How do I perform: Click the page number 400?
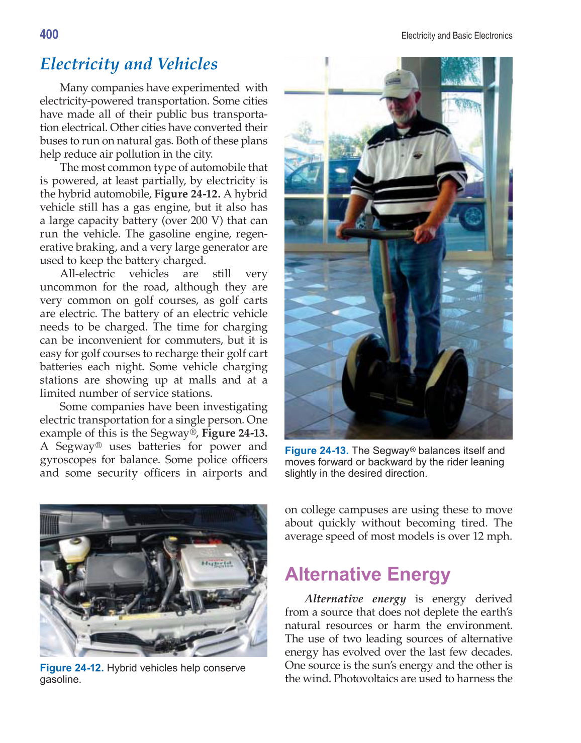point(49,35)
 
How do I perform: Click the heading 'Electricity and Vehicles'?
point(129,64)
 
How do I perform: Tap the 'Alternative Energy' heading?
point(367,574)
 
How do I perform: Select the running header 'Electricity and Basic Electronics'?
point(456,36)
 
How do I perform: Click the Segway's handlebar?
point(382,233)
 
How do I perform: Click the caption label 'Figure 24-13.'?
point(317,451)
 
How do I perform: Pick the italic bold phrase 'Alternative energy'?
point(355,599)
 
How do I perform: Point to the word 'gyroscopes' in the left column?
point(68,460)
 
